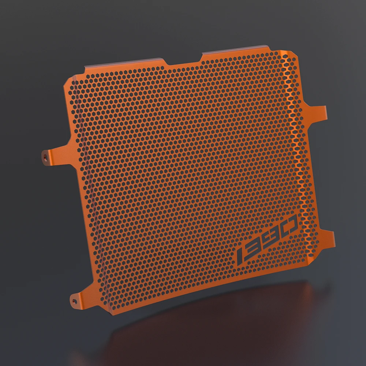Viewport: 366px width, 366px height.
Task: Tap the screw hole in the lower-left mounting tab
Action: (74, 301)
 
